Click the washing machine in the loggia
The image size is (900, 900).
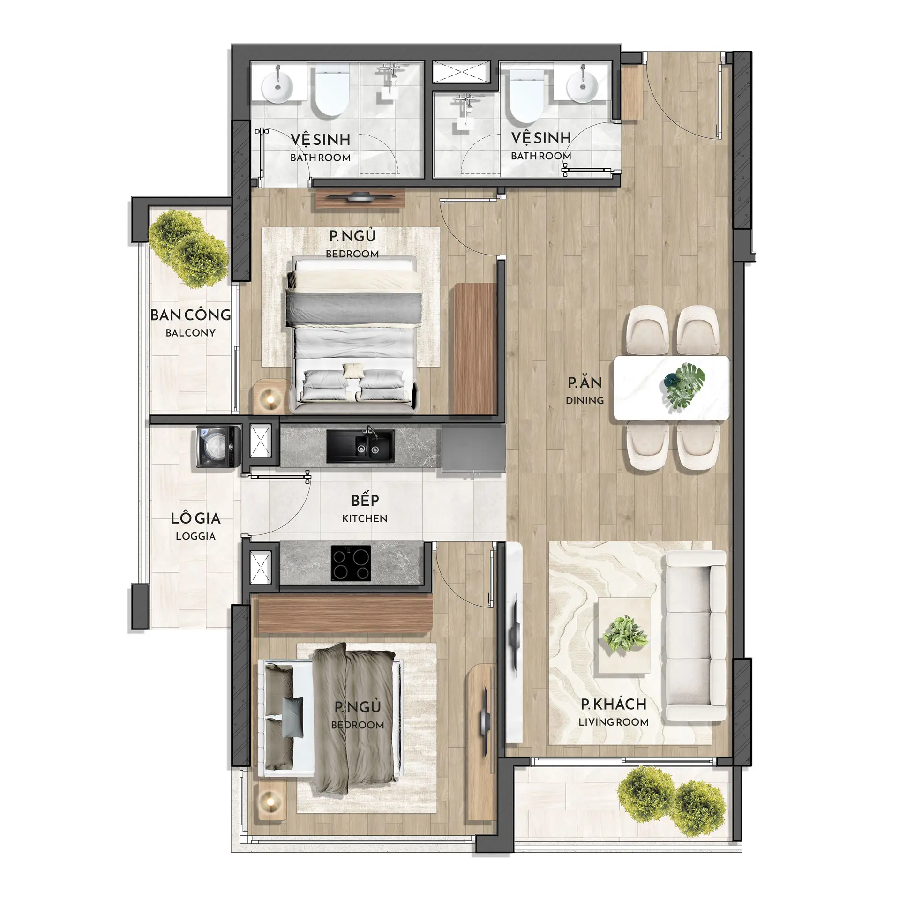tap(218, 447)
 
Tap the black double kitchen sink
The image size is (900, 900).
tap(360, 446)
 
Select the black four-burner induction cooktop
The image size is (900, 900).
tap(351, 563)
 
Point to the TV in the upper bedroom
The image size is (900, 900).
tap(360, 197)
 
